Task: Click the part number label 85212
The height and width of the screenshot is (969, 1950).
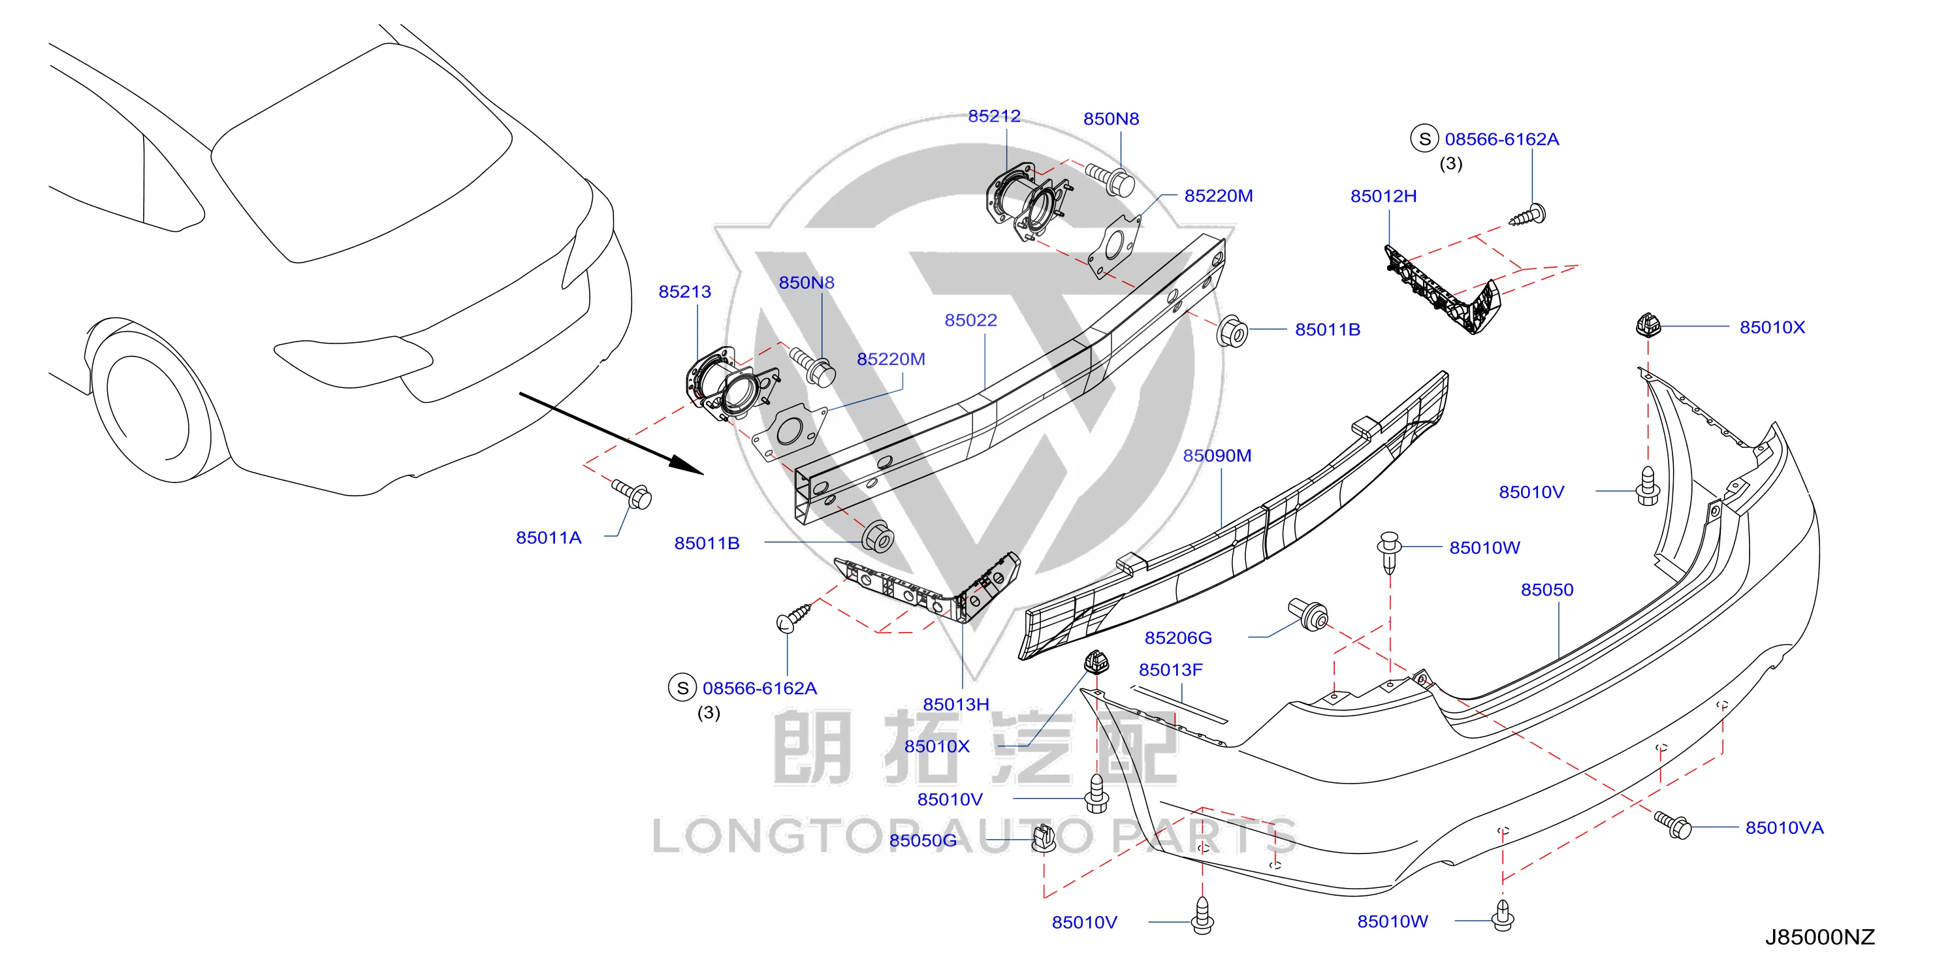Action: tap(994, 116)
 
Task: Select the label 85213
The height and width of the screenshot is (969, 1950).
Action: tap(684, 291)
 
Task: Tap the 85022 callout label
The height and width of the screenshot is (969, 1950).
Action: tap(970, 320)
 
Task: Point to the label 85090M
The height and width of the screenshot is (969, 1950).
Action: tap(1217, 456)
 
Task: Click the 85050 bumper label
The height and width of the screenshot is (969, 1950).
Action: tap(1546, 590)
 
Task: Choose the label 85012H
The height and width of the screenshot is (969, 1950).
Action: tap(1383, 196)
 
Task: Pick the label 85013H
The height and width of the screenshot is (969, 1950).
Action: tap(955, 705)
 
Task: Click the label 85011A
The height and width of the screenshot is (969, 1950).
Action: tap(548, 538)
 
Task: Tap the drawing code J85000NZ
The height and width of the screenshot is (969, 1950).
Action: tap(1820, 937)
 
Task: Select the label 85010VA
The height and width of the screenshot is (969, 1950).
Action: tap(1784, 828)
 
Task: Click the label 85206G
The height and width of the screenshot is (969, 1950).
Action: tap(1178, 638)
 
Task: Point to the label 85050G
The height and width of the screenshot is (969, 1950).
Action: tap(923, 841)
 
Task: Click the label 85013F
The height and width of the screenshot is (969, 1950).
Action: tap(1170, 670)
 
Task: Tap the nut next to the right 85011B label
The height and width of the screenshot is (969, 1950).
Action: tap(1232, 332)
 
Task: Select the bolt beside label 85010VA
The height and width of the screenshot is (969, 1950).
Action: tap(1672, 825)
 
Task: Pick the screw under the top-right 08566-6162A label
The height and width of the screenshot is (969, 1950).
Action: tap(1527, 215)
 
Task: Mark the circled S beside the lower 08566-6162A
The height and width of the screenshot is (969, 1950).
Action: tap(682, 688)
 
